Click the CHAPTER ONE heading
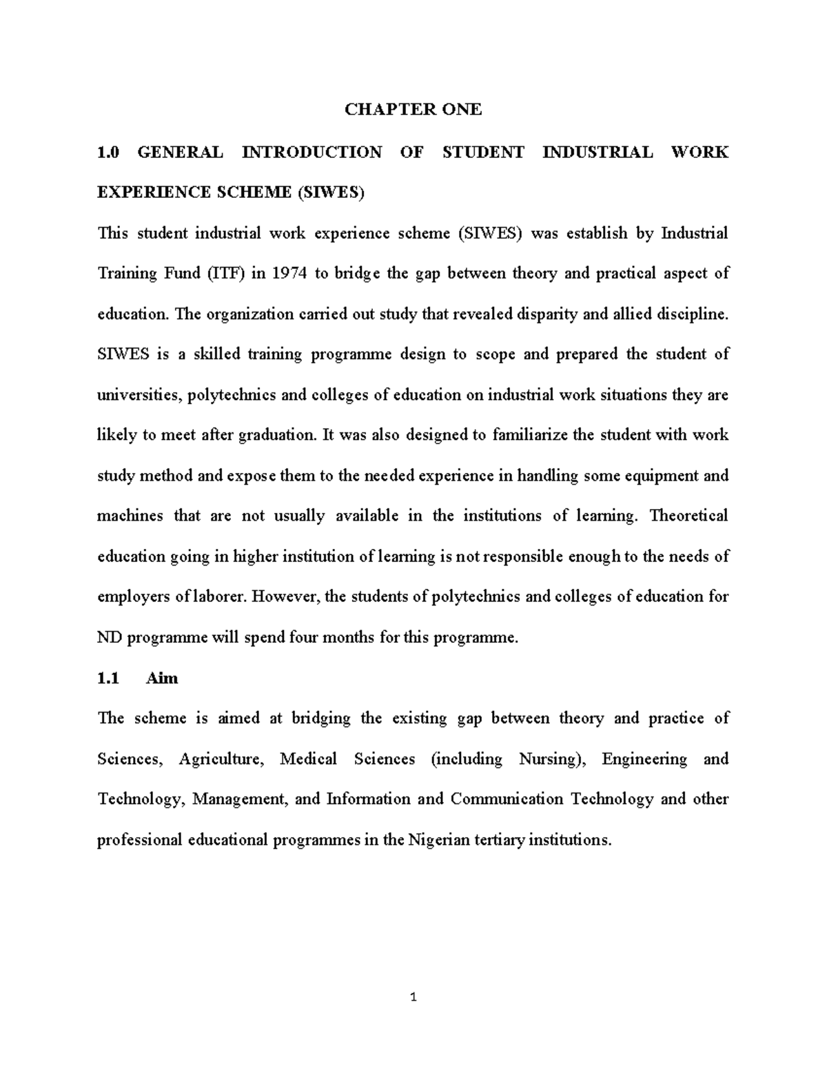413,109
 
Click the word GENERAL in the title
180,152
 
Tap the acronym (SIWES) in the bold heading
329,193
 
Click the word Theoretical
688,516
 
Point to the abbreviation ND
109,638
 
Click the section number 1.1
108,679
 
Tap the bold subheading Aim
162,679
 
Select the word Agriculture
221,759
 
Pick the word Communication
507,799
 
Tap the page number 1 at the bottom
413,997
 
